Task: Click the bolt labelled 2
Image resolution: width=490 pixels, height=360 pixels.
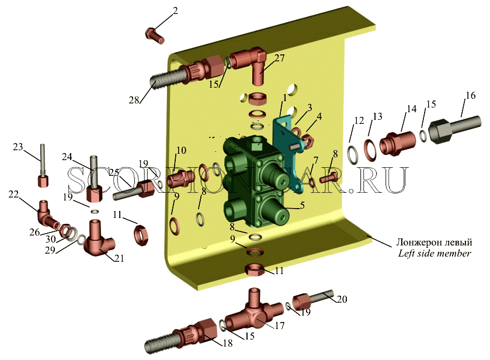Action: click(155, 36)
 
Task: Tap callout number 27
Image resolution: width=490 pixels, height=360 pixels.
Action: click(280, 58)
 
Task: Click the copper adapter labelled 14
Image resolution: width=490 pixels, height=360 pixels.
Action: click(398, 143)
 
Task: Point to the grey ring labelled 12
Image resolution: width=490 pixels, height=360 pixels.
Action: click(355, 154)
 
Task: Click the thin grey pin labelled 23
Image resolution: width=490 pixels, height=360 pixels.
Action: click(43, 165)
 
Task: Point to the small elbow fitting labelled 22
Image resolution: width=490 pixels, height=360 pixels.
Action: click(48, 214)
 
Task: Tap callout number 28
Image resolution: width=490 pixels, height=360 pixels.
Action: click(134, 101)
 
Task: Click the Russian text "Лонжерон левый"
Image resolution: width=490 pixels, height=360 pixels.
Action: click(434, 243)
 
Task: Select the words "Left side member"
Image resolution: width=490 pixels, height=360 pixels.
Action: click(435, 253)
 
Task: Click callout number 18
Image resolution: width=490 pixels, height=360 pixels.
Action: click(228, 343)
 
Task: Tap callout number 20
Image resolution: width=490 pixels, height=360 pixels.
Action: click(342, 299)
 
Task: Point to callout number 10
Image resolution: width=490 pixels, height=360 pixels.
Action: click(181, 150)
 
